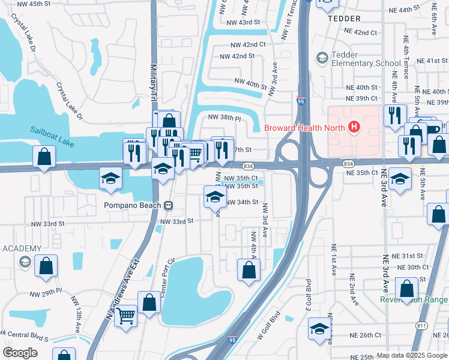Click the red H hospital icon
click(354, 127)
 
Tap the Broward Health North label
click(304, 127)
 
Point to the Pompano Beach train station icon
click(169, 205)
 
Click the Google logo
click(20, 353)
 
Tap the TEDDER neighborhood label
click(343, 19)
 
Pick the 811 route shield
click(420, 325)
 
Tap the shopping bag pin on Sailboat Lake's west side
click(44, 157)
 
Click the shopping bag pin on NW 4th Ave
click(249, 270)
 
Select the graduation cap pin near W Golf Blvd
click(319, 328)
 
